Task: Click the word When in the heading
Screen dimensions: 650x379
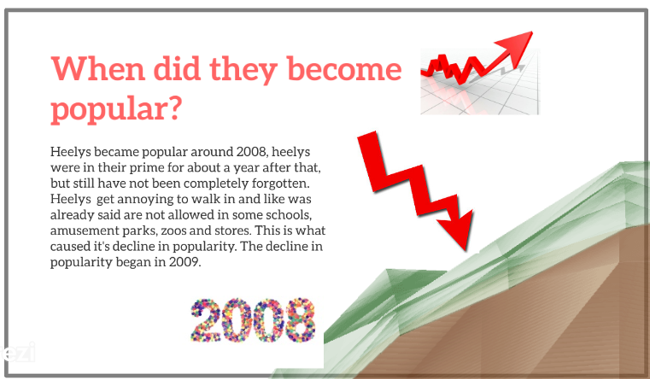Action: [x=98, y=69]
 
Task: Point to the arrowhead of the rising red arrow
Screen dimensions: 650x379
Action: [x=516, y=45]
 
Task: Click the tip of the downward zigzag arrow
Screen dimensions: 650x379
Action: [x=467, y=250]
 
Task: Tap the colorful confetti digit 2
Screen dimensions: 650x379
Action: [x=205, y=320]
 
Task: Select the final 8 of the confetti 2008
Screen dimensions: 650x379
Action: [x=301, y=320]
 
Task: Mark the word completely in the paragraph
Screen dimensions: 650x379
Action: [x=216, y=184]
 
